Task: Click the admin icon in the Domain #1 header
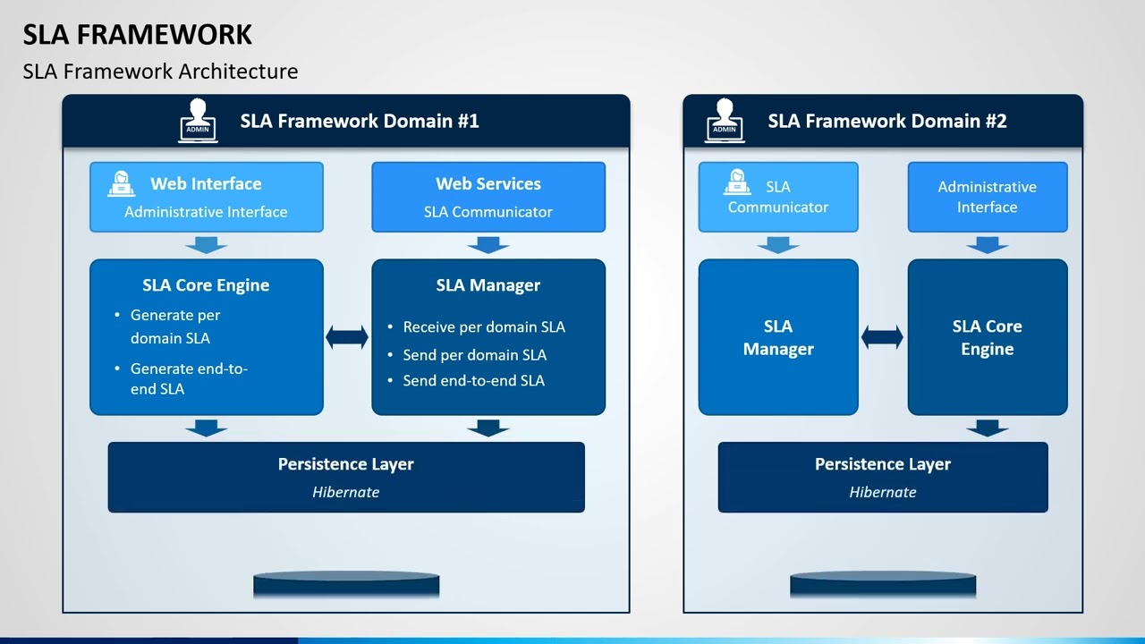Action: pos(198,120)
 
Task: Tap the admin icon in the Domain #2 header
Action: pos(725,120)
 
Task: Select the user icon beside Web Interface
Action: pos(122,183)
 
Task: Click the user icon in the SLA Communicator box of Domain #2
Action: pos(737,182)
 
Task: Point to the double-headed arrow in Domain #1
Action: pos(347,337)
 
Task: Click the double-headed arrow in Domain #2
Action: pos(882,337)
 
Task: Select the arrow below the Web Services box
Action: pos(488,244)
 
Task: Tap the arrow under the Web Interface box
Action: pos(207,244)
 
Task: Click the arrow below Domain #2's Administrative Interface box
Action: pos(988,244)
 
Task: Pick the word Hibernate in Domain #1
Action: pos(346,492)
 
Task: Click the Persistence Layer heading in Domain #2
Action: pos(883,464)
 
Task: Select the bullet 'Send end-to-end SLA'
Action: pos(473,380)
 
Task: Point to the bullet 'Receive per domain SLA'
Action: pos(484,327)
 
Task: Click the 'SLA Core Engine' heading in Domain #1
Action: pos(206,285)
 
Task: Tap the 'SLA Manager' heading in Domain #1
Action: pos(488,285)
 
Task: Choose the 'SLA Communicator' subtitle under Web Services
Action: pos(488,212)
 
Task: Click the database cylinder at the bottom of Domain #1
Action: pos(346,585)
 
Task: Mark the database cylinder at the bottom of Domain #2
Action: pos(883,585)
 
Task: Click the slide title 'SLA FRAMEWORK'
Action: pos(138,34)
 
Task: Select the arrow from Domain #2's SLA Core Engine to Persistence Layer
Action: pos(988,428)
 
